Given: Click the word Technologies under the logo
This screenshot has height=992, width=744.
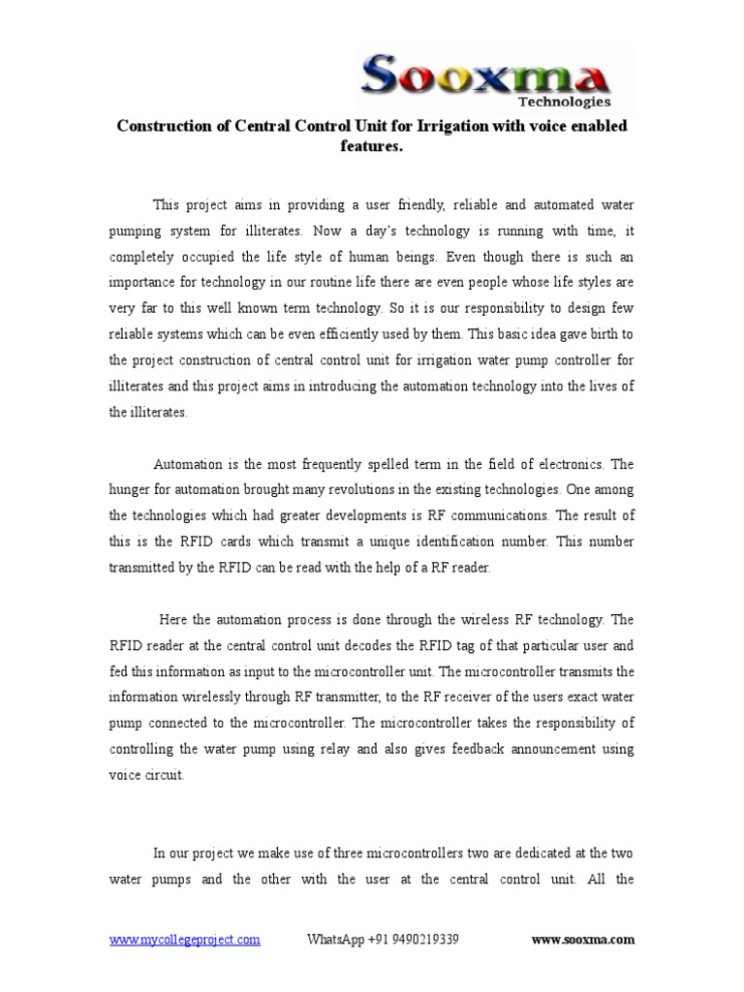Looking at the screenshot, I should (564, 101).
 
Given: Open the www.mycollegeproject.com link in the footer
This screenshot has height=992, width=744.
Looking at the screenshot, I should (184, 940).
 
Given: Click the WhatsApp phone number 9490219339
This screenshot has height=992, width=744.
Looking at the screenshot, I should (416, 940).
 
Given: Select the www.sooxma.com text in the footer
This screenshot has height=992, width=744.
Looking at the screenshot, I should (583, 940).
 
